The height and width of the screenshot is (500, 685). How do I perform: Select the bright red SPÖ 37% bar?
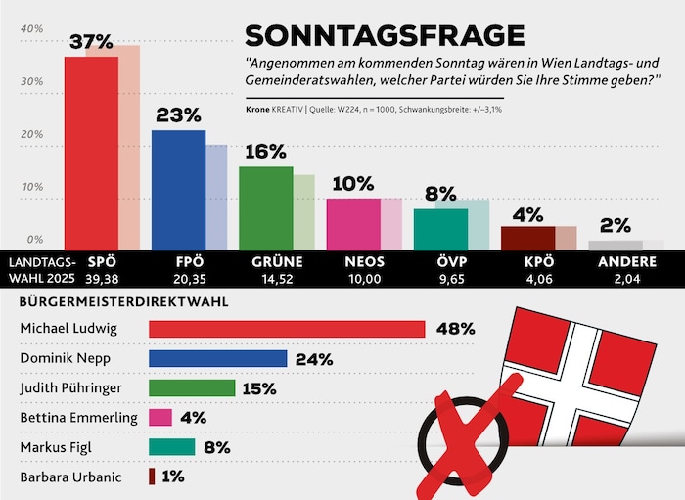pyautogui.click(x=90, y=152)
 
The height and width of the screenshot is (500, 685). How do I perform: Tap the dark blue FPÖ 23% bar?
pyautogui.click(x=178, y=189)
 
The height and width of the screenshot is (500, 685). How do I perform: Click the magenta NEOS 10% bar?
pyautogui.click(x=352, y=223)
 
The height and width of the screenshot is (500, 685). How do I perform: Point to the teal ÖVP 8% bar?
pyautogui.click(x=439, y=228)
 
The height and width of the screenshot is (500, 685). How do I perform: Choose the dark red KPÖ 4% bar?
pyautogui.click(x=527, y=238)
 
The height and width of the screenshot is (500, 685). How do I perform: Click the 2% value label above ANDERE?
pyautogui.click(x=615, y=225)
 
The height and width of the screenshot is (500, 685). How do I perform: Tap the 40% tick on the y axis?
pyautogui.click(x=31, y=29)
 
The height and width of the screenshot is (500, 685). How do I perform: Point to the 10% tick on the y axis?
pyautogui.click(x=31, y=187)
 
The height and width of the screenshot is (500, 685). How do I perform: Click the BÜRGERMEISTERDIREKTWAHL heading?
pyautogui.click(x=125, y=302)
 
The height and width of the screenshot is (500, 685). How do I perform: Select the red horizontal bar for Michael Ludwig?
pyautogui.click(x=287, y=329)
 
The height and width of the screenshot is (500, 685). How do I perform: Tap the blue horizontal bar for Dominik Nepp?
pyautogui.click(x=217, y=358)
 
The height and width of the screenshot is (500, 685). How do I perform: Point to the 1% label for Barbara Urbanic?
pyautogui.click(x=173, y=477)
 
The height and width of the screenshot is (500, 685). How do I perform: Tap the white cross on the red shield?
pyautogui.click(x=585, y=367)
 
